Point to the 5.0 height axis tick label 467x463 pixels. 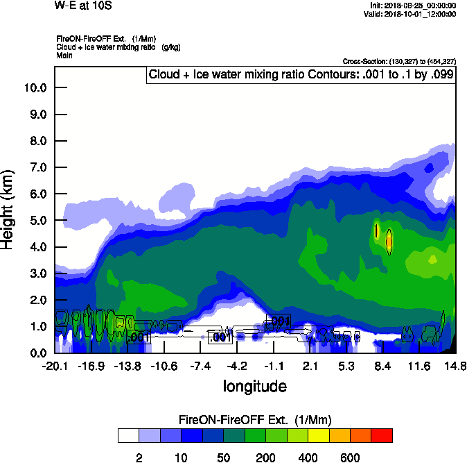[x=36, y=220]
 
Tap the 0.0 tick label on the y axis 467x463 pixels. [x=36, y=353]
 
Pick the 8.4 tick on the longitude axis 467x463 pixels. [x=382, y=366]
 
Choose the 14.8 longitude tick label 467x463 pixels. [x=455, y=366]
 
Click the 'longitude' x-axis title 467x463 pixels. [x=254, y=386]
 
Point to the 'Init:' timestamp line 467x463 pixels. [x=413, y=6]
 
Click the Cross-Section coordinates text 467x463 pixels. [x=399, y=62]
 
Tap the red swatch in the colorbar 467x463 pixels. [x=382, y=436]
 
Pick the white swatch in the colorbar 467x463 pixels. [x=128, y=436]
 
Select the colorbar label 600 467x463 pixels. [x=350, y=457]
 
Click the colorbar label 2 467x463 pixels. [x=139, y=457]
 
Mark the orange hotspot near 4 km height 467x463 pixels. [x=389, y=242]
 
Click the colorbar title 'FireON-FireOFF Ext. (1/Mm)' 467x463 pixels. [x=254, y=420]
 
